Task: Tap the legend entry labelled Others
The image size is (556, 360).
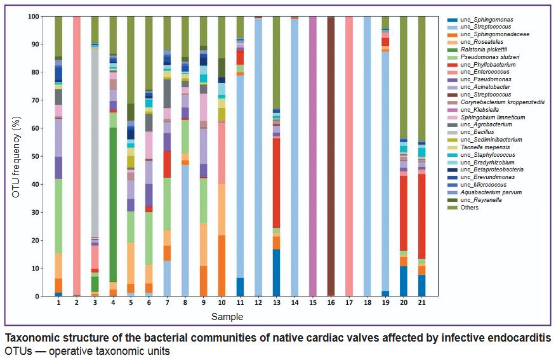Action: (470, 208)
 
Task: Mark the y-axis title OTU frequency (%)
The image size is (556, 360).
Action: (16, 156)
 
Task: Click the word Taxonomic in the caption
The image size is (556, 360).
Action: (32, 338)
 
